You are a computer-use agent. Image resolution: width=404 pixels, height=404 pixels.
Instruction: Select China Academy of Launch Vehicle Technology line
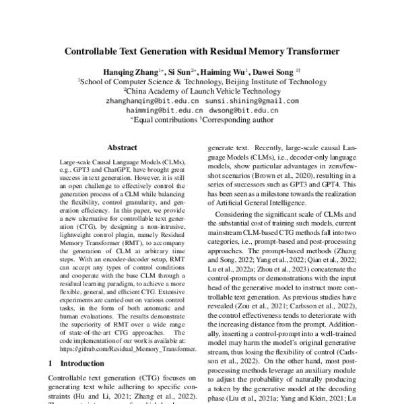(201, 90)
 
